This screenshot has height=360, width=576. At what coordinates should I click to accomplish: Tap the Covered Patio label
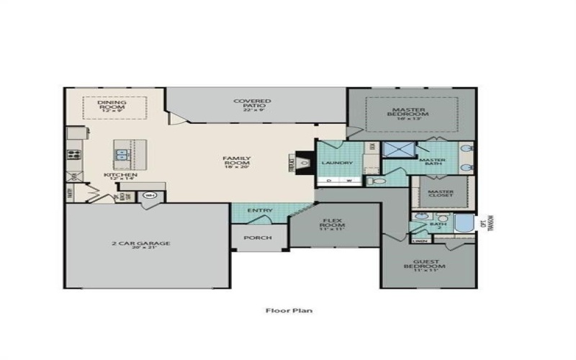click(252, 104)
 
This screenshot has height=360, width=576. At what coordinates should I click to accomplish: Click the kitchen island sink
click(122, 154)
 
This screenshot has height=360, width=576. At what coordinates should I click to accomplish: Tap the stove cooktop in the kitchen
click(72, 153)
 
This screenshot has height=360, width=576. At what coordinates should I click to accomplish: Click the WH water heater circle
click(150, 195)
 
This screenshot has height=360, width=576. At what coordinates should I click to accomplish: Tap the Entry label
click(259, 210)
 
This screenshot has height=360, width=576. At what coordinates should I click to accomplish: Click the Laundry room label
click(336, 163)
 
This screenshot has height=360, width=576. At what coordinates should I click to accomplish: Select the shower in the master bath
click(395, 150)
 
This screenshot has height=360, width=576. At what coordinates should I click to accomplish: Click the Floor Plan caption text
click(287, 311)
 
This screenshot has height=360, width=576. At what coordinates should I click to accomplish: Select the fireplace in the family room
click(304, 163)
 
